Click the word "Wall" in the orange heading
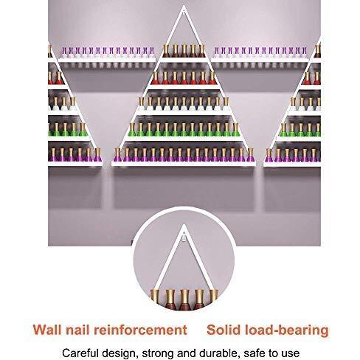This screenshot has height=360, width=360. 47,330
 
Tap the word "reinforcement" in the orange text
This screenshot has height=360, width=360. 140,330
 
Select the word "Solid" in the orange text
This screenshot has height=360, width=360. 224,330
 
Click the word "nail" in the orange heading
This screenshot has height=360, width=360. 77,330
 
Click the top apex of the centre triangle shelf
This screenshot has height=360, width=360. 184,6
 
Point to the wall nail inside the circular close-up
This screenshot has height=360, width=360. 184,238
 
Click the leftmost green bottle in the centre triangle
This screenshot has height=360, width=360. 132,130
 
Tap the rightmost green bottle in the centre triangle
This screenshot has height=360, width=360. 235,130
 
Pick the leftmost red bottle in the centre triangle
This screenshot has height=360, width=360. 156,77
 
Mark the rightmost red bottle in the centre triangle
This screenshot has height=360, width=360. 212,77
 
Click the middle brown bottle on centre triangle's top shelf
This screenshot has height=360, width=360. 184,51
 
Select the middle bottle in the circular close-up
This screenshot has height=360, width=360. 185,300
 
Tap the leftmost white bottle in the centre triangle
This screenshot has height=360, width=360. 142,103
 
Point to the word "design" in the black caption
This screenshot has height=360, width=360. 119,354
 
